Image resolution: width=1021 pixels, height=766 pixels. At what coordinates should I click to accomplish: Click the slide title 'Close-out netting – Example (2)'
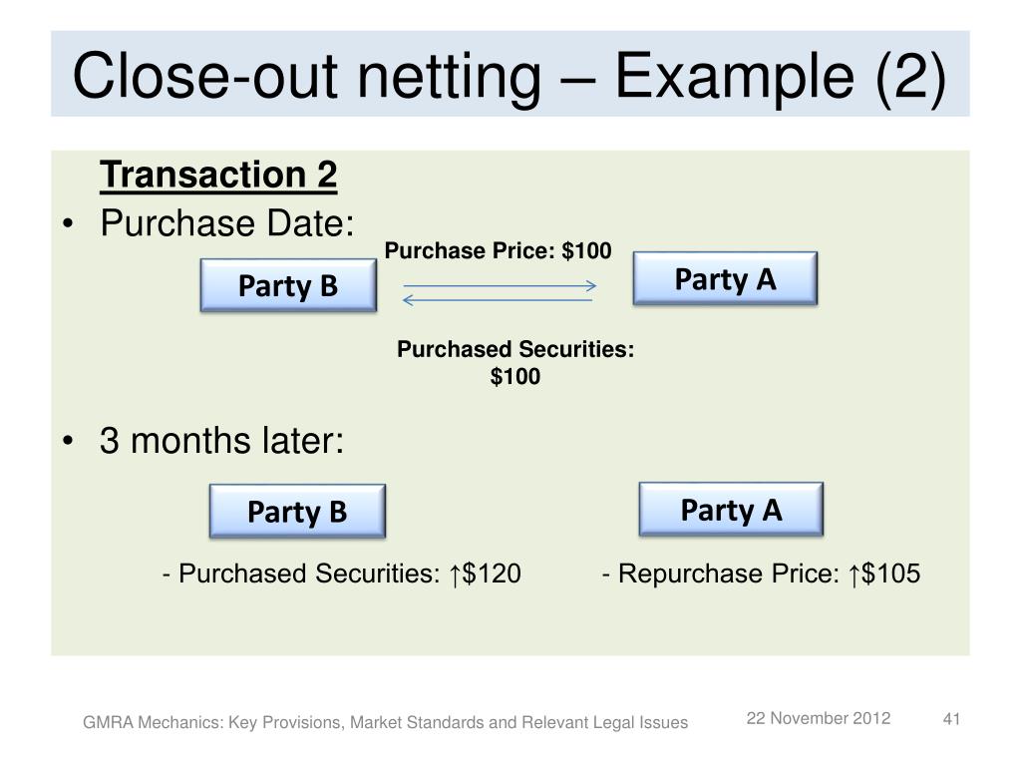(x=510, y=75)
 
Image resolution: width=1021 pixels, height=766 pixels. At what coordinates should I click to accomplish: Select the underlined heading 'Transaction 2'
(x=218, y=177)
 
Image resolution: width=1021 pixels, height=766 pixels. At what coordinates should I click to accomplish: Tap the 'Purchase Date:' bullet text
(x=227, y=223)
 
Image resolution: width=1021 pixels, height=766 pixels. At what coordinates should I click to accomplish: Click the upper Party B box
(x=288, y=286)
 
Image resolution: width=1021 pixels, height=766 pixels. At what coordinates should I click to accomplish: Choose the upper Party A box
(x=725, y=279)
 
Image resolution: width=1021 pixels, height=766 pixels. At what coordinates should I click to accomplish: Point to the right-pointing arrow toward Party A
(x=499, y=286)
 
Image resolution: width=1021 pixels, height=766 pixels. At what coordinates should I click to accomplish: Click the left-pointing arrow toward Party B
(x=499, y=299)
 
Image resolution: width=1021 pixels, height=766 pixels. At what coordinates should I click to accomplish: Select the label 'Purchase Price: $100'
(x=499, y=251)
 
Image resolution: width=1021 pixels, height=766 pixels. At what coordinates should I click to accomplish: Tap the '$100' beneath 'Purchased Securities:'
(x=515, y=377)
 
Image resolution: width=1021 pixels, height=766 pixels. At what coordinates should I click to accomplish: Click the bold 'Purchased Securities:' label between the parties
(x=515, y=349)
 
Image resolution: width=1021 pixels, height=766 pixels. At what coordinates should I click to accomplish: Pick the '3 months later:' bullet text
(x=221, y=440)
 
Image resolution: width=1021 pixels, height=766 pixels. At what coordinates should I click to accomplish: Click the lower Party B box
(x=297, y=512)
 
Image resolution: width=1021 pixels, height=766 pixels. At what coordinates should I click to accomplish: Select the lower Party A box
(x=731, y=510)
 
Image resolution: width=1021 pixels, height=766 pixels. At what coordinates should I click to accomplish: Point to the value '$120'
(x=492, y=574)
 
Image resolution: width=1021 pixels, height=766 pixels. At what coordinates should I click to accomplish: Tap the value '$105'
(x=891, y=574)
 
